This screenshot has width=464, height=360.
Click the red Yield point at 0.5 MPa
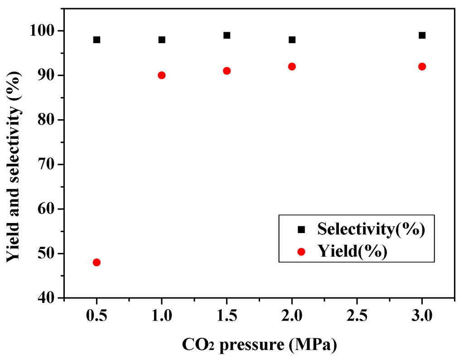[97, 263]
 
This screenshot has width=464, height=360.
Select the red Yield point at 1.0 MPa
[162, 75]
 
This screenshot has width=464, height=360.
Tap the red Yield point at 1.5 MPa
[227, 71]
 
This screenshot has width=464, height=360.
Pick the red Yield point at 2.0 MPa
[292, 67]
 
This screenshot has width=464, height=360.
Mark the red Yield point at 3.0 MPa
[422, 67]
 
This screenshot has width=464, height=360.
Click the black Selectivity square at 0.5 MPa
[97, 40]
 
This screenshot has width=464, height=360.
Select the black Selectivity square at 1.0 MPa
[162, 40]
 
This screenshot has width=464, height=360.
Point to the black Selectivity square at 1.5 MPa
[227, 35]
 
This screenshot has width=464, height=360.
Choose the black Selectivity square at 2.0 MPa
[292, 40]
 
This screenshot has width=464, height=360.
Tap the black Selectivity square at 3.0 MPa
[422, 35]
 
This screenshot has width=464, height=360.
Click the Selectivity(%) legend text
[371, 229]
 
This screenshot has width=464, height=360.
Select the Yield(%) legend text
[352, 251]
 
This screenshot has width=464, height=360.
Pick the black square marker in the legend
[301, 230]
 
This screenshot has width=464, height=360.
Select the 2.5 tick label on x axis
[357, 315]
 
